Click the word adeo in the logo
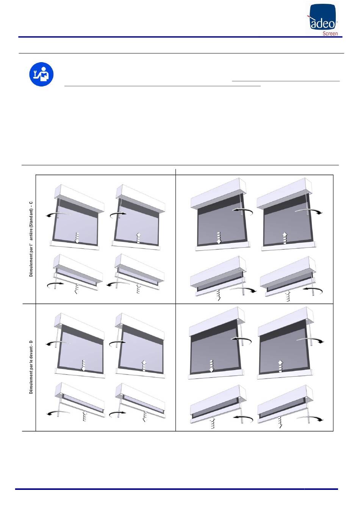323,24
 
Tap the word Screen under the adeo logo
330,33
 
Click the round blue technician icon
41,74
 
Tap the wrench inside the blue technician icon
36,73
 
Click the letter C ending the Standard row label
31,203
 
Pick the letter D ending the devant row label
31,342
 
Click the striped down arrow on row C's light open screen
77,237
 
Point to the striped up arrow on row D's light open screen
144,366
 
